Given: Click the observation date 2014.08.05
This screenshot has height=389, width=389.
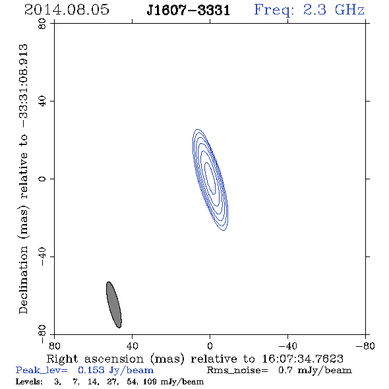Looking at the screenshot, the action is [x=67, y=10].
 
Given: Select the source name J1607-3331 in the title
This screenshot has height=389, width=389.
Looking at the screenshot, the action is [x=189, y=11].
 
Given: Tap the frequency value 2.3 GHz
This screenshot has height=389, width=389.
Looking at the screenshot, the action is [x=334, y=10].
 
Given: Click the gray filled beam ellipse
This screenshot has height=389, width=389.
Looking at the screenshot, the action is [x=114, y=305].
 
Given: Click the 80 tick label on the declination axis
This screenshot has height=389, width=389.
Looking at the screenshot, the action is [x=42, y=24].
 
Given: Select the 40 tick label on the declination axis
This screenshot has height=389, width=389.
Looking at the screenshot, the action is [x=42, y=102].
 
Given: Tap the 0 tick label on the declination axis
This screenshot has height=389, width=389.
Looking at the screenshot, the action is [x=42, y=179].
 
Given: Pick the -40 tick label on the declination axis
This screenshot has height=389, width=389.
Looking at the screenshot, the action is [x=42, y=256].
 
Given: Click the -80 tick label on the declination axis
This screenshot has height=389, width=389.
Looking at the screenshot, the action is [x=42, y=334].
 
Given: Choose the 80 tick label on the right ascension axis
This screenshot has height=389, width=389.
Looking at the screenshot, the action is [x=54, y=346].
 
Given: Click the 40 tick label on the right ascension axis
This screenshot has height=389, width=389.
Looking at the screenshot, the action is [x=132, y=346].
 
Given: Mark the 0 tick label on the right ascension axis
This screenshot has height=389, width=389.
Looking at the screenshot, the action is [x=210, y=346].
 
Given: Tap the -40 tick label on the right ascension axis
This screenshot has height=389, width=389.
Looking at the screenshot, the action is [x=287, y=346].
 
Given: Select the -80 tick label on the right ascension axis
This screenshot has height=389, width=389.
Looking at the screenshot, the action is [x=365, y=346].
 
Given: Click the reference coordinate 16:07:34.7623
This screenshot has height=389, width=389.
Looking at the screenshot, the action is [x=303, y=359].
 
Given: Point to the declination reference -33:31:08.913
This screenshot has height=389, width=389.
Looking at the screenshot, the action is [x=24, y=86].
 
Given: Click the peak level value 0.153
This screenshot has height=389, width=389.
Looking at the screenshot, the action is [x=91, y=370].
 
